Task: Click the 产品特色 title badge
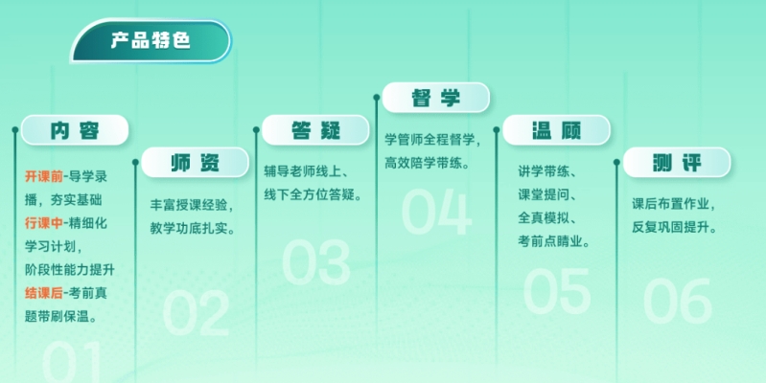151,41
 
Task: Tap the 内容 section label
75,130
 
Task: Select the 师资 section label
195,163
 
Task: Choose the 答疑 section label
315,130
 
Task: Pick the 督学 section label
436,98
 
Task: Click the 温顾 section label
556,130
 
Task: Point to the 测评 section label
677,163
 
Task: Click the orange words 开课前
44,176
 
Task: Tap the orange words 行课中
44,223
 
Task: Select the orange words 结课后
44,293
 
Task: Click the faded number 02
196,313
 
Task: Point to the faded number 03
316,262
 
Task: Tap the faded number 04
437,213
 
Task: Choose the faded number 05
557,291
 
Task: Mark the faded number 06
678,301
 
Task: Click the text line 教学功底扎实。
193,228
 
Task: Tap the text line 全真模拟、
547,217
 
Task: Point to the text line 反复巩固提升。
675,227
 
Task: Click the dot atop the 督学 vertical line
377,98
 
